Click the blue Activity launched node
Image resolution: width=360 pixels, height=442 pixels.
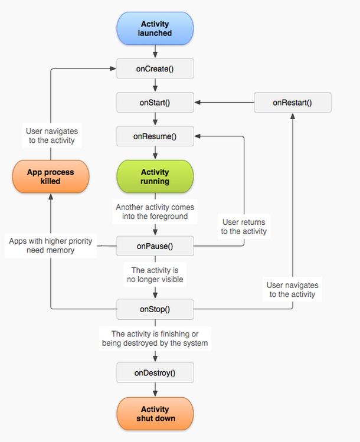pos(155,28)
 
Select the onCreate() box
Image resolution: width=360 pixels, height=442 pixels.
pos(155,68)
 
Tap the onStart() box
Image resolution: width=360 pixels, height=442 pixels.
pos(155,102)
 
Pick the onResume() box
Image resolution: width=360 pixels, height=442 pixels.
pos(155,136)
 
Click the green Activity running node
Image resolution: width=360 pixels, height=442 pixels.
pos(155,176)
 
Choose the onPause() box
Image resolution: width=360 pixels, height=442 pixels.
pos(155,246)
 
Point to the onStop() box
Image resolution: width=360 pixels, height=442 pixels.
pos(155,309)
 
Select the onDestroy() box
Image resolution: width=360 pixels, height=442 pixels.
pos(155,372)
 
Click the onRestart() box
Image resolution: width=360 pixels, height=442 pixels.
pos(293,102)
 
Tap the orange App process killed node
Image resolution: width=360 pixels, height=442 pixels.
pos(51,176)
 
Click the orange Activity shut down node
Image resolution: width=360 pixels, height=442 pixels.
pos(155,414)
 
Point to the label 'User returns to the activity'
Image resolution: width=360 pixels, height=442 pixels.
pos(244,227)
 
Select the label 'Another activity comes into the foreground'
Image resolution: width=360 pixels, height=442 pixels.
pos(155,212)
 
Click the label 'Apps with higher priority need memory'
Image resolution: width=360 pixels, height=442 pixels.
pos(51,245)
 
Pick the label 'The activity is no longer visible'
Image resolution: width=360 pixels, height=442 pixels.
pos(155,274)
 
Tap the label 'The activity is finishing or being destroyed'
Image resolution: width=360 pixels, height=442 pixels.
pos(155,338)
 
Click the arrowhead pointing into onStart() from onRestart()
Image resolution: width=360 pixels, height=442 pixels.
pos(197,102)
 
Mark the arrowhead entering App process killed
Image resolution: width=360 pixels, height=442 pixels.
pos(51,197)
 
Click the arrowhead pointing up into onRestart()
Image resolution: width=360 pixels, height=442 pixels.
pos(293,116)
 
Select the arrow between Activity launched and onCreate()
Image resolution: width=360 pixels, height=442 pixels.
pos(155,51)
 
